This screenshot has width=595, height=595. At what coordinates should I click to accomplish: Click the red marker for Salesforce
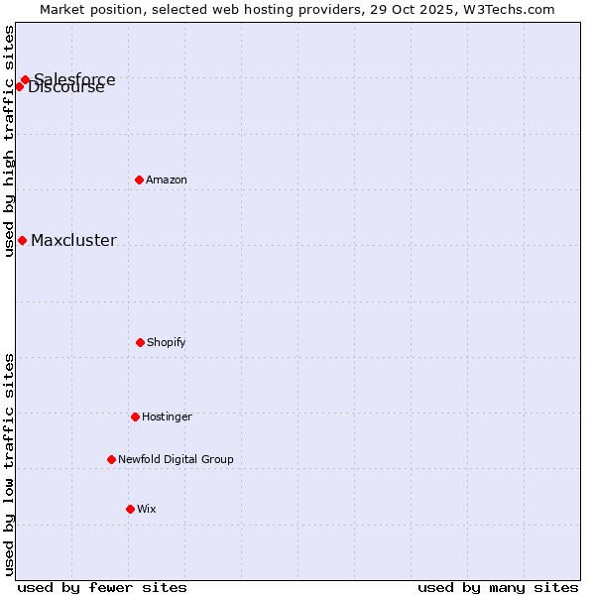pyautogui.click(x=25, y=79)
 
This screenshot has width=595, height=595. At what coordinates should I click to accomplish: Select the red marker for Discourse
pyautogui.click(x=19, y=86)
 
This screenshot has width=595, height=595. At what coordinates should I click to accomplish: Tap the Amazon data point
pyautogui.click(x=139, y=179)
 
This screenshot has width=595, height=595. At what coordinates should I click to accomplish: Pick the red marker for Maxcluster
pyautogui.click(x=22, y=240)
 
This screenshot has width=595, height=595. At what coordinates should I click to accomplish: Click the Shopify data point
pyautogui.click(x=140, y=342)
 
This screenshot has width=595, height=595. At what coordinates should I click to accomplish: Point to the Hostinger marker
pyautogui.click(x=135, y=416)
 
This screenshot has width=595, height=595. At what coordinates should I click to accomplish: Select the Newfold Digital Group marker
pyautogui.click(x=111, y=459)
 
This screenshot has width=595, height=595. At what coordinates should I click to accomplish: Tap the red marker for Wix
pyautogui.click(x=130, y=509)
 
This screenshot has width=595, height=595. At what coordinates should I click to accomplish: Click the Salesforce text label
pyautogui.click(x=74, y=78)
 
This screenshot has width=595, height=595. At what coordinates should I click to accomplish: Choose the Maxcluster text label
pyautogui.click(x=73, y=240)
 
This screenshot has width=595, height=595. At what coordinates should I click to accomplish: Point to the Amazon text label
pyautogui.click(x=167, y=179)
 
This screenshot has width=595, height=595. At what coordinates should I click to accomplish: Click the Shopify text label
pyautogui.click(x=167, y=342)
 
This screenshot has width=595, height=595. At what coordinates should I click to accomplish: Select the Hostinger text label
pyautogui.click(x=167, y=416)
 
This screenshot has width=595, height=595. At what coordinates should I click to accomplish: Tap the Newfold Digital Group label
pyautogui.click(x=176, y=459)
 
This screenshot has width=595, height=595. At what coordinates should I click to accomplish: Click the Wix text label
pyautogui.click(x=147, y=509)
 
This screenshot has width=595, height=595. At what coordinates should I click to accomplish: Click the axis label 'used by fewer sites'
pyautogui.click(x=102, y=587)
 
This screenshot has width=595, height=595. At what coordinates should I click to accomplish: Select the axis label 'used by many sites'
pyautogui.click(x=498, y=587)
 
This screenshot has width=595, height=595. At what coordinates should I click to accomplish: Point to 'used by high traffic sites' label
pyautogui.click(x=9, y=141)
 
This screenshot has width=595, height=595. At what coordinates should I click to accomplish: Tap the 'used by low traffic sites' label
pyautogui.click(x=9, y=464)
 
